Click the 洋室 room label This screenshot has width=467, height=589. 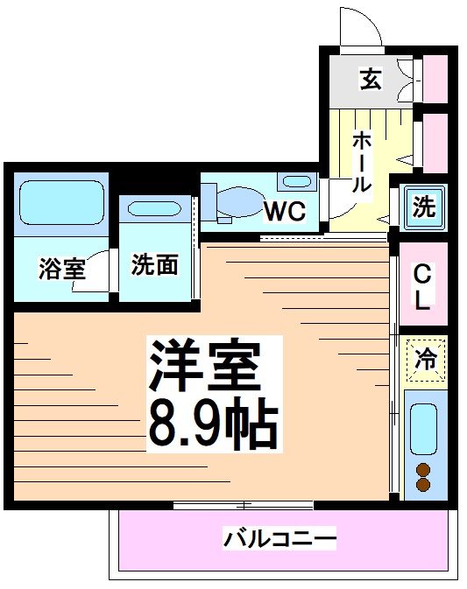point(206,366)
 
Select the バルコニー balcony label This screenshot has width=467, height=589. point(279,538)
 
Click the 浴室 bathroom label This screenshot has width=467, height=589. point(61,269)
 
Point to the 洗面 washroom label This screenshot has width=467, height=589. point(154,264)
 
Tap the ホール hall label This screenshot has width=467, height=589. point(361,162)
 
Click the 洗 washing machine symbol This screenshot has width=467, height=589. point(424,207)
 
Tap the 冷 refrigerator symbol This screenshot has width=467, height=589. point(425,359)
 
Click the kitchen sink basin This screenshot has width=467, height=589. point(424,429)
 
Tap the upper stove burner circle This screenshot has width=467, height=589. point(424,469)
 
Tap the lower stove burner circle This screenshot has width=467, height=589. point(424,484)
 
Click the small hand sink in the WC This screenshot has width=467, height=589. point(296,182)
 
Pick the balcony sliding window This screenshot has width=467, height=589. point(243,505)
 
